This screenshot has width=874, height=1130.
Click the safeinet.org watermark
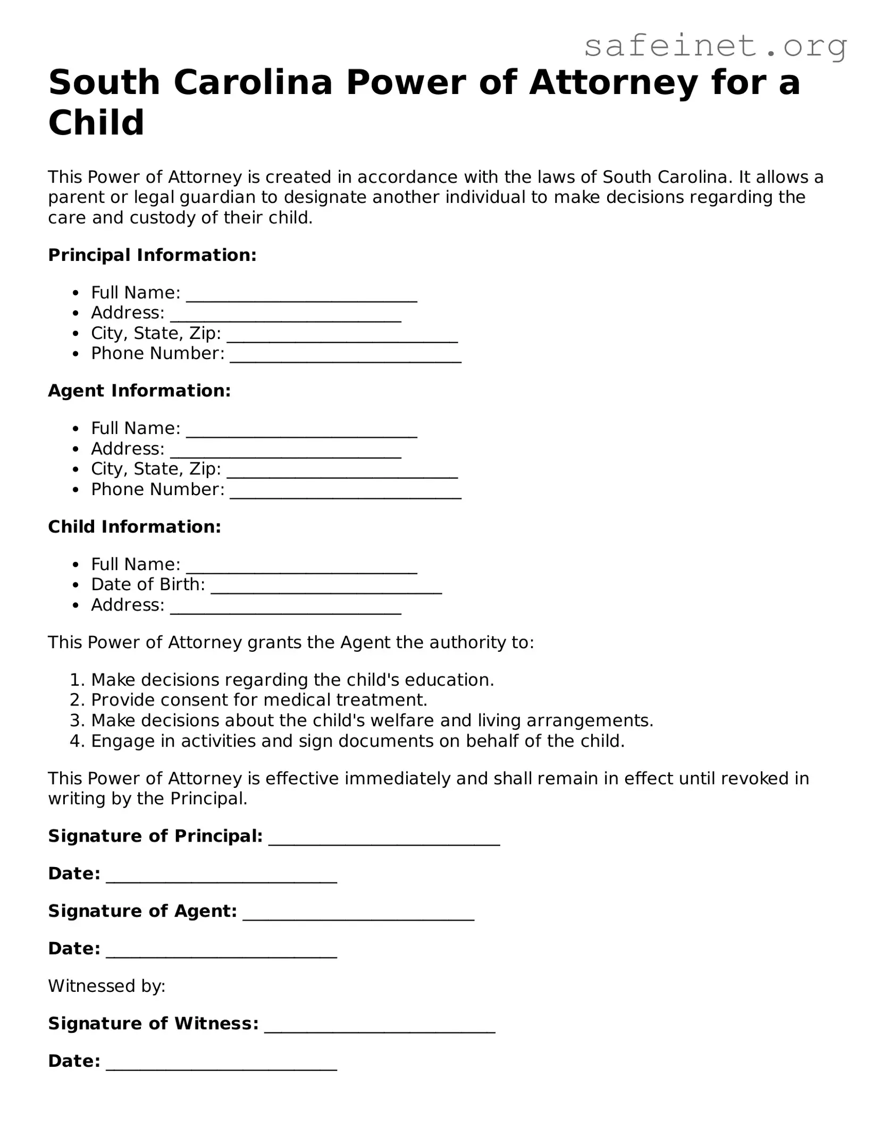click(x=715, y=46)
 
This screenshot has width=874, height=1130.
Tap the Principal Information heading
click(x=152, y=255)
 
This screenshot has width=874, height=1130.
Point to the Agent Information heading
click(x=139, y=390)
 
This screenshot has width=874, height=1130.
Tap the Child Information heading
click(x=135, y=526)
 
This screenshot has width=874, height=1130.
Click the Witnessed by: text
click(x=107, y=986)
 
